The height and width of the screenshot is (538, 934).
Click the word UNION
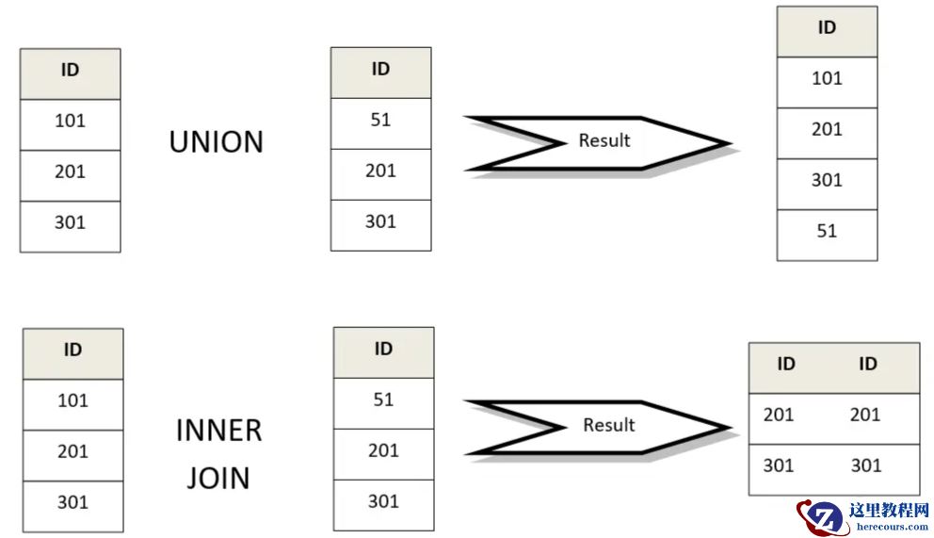(216, 142)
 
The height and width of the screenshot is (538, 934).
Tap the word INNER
(218, 431)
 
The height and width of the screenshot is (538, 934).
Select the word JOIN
(218, 478)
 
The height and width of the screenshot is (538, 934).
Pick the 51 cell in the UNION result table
(827, 231)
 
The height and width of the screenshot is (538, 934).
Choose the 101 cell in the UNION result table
(827, 78)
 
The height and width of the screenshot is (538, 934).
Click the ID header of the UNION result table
(827, 28)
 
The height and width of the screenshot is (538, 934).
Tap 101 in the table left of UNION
(70, 121)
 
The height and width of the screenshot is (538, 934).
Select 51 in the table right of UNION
(380, 120)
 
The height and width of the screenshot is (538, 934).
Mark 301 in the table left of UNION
(70, 222)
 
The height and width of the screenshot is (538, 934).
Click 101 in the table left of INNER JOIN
(72, 400)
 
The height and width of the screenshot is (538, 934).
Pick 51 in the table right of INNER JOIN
(383, 399)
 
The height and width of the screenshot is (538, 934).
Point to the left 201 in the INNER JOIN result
(779, 415)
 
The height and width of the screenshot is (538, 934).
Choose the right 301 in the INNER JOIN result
(864, 465)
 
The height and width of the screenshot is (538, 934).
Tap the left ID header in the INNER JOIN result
(786, 365)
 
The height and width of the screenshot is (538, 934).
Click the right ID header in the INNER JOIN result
(867, 365)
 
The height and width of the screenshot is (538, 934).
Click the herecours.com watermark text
(889, 529)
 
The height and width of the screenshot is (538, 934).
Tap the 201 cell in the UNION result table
(827, 129)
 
